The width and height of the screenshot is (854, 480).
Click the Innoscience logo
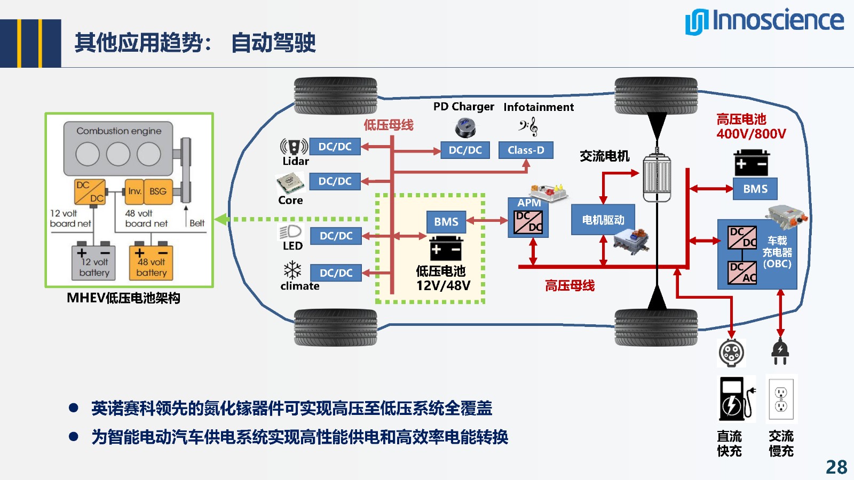(764, 21)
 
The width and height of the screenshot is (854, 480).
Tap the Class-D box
(526, 150)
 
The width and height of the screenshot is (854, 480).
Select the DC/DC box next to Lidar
(335, 147)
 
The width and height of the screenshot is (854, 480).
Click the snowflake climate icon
(292, 270)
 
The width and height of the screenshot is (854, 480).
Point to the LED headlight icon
(290, 231)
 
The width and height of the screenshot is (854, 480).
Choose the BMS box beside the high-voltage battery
(755, 189)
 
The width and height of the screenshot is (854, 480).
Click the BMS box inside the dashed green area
(446, 222)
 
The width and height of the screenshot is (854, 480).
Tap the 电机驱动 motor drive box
(603, 220)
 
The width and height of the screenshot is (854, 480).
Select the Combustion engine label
(118, 131)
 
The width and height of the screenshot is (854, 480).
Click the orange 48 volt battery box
(151, 262)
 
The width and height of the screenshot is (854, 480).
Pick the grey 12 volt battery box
(94, 262)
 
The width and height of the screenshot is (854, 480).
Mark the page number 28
(836, 467)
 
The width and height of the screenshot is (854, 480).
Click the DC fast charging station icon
(736, 399)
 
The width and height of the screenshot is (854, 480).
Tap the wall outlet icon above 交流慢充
(781, 399)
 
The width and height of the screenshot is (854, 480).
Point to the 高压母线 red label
(570, 286)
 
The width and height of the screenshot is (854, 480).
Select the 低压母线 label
(389, 125)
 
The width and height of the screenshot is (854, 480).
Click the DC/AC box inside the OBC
(742, 273)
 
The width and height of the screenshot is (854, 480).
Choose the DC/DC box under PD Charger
(465, 150)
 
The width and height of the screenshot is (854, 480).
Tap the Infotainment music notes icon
(528, 127)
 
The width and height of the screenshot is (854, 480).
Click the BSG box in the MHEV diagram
(158, 191)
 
